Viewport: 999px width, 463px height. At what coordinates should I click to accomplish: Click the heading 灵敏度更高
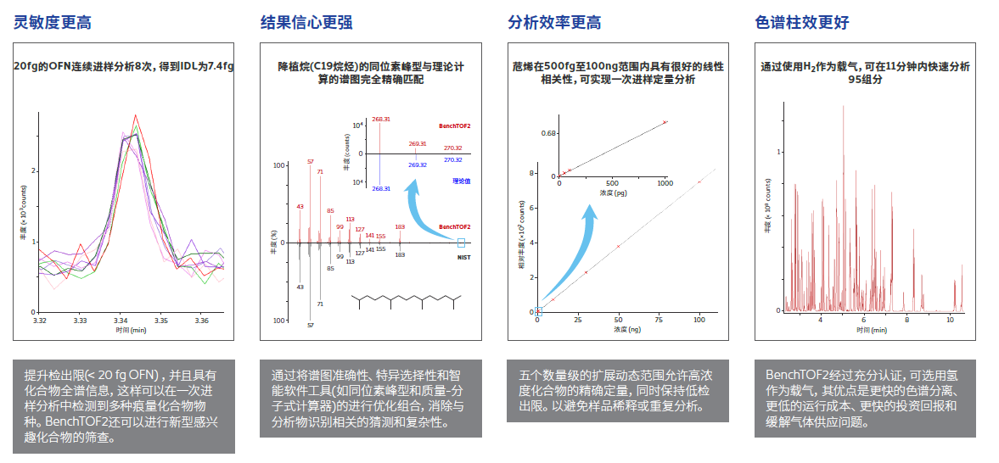[53, 23]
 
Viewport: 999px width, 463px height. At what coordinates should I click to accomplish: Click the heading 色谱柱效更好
[801, 23]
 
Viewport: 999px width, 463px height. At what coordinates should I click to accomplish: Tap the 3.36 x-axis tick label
[201, 321]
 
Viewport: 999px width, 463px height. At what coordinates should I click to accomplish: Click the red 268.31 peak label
[380, 120]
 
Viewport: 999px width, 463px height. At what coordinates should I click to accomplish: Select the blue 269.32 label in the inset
[417, 165]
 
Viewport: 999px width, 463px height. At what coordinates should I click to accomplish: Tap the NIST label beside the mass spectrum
[463, 257]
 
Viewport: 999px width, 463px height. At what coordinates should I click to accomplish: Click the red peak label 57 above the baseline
[311, 161]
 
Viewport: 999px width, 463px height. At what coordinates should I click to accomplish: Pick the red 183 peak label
[400, 226]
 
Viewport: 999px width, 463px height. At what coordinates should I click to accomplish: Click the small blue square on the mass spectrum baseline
[461, 243]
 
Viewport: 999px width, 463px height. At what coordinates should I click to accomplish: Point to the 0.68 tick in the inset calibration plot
[548, 133]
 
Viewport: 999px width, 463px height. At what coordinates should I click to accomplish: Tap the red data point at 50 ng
[618, 246]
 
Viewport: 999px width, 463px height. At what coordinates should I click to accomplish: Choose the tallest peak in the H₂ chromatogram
[843, 107]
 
